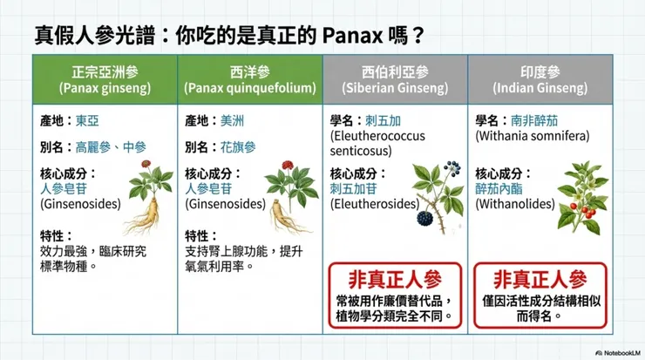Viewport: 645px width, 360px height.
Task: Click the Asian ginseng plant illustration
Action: click(151, 197)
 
